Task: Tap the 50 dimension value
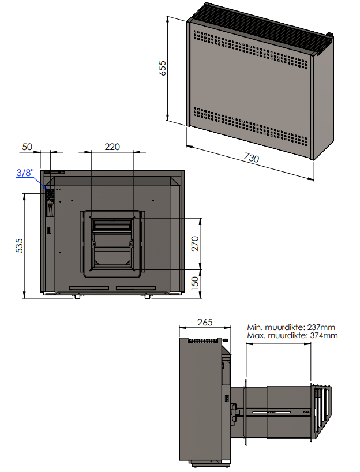tap(27, 147)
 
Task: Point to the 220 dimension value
tap(112, 147)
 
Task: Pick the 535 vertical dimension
tap(19, 245)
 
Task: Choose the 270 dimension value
tap(195, 244)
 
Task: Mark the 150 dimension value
tap(195, 283)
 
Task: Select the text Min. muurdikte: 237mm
tap(292, 327)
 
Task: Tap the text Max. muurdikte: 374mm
tap(292, 335)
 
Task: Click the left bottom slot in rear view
tap(90, 287)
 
